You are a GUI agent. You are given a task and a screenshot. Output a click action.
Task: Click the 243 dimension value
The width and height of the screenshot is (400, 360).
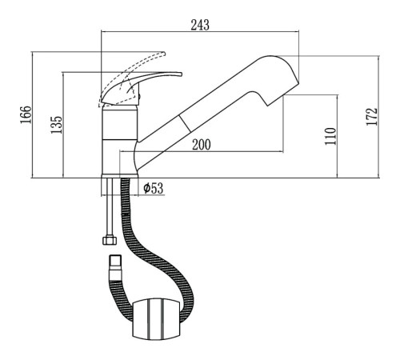click(x=200, y=25)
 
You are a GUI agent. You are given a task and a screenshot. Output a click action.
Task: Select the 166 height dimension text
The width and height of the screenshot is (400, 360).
click(x=26, y=114)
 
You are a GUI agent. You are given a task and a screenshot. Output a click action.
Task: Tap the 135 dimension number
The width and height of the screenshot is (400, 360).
click(x=56, y=125)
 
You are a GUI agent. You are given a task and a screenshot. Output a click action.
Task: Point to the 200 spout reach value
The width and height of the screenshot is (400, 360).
click(x=202, y=145)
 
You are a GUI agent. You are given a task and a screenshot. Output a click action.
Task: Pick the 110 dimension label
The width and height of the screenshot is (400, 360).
click(x=330, y=136)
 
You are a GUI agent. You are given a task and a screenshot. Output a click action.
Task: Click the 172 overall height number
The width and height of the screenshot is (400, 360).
click(x=372, y=117)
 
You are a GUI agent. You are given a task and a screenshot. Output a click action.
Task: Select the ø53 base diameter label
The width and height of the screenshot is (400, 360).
click(x=153, y=188)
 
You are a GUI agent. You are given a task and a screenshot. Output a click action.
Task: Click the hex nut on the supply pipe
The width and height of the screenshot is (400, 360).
click(x=110, y=240)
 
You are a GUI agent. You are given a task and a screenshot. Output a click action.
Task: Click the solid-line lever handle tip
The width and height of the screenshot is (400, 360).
click(x=181, y=74)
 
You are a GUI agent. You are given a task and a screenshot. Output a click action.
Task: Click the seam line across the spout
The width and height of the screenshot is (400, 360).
click(x=185, y=124)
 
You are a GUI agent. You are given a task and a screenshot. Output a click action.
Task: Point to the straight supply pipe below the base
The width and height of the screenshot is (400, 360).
click(x=110, y=207)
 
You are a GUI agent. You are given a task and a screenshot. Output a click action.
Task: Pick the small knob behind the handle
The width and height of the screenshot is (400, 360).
click(x=140, y=97)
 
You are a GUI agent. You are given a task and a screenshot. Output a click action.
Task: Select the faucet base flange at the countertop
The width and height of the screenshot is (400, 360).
click(x=120, y=176)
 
